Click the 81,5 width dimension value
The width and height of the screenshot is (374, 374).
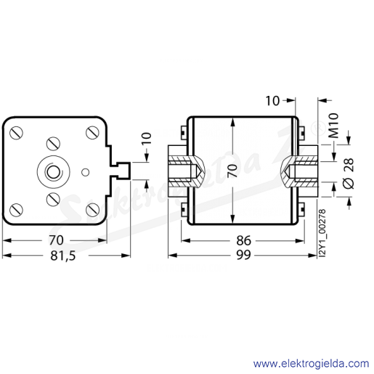point(63,256)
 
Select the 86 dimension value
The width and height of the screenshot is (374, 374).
point(243,240)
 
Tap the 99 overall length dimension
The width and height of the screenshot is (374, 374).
point(243,255)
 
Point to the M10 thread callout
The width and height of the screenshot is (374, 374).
point(333,126)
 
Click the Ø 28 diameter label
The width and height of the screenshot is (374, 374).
point(349,174)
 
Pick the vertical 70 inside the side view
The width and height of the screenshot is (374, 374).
point(232,171)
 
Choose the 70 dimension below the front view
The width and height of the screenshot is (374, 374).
point(56,240)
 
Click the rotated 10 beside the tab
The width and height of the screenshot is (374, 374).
point(147,139)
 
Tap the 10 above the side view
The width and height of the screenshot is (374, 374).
point(272,101)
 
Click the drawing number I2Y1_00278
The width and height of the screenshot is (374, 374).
point(322,233)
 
